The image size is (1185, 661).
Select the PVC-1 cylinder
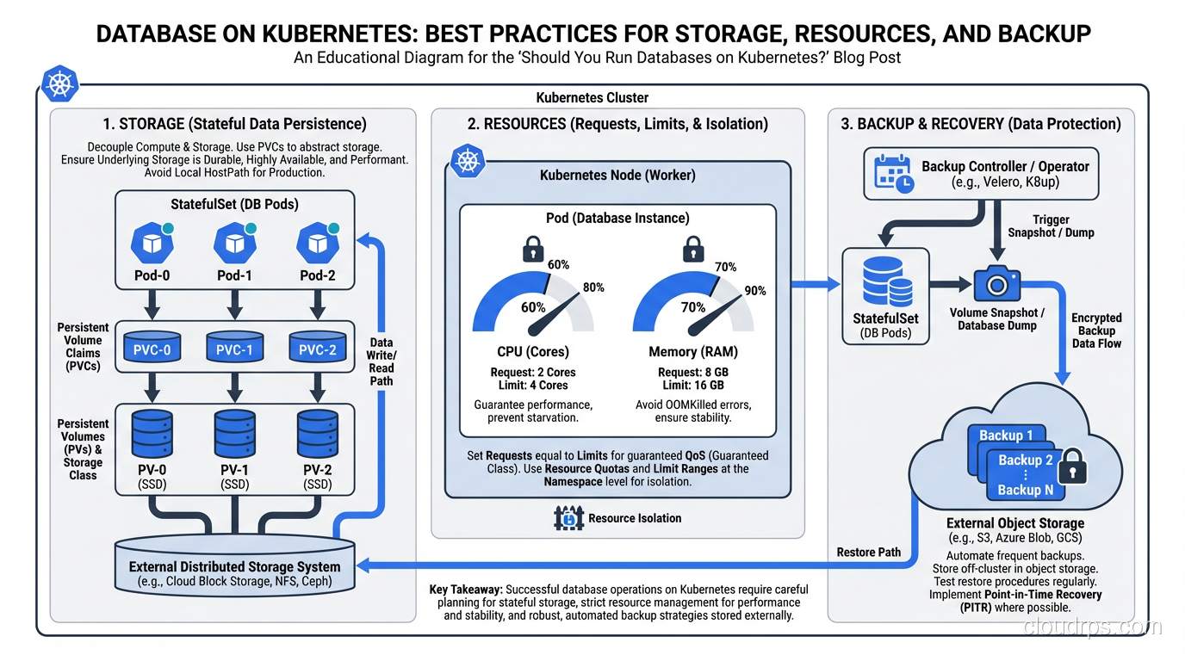click(234, 349)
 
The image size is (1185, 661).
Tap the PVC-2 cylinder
click(317, 349)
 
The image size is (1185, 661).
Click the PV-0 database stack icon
click(152, 433)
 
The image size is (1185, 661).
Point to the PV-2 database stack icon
click(317, 433)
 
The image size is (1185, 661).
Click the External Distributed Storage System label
click(234, 567)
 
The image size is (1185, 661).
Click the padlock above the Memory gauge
click(692, 251)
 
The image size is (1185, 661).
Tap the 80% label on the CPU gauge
click(593, 287)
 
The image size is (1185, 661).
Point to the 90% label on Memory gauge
click(754, 291)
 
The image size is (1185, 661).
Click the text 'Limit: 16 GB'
click(692, 386)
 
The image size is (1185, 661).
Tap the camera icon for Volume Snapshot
click(996, 283)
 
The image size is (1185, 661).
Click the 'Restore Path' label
click(868, 552)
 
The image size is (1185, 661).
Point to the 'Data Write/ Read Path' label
click(381, 361)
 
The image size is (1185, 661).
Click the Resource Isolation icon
click(569, 518)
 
